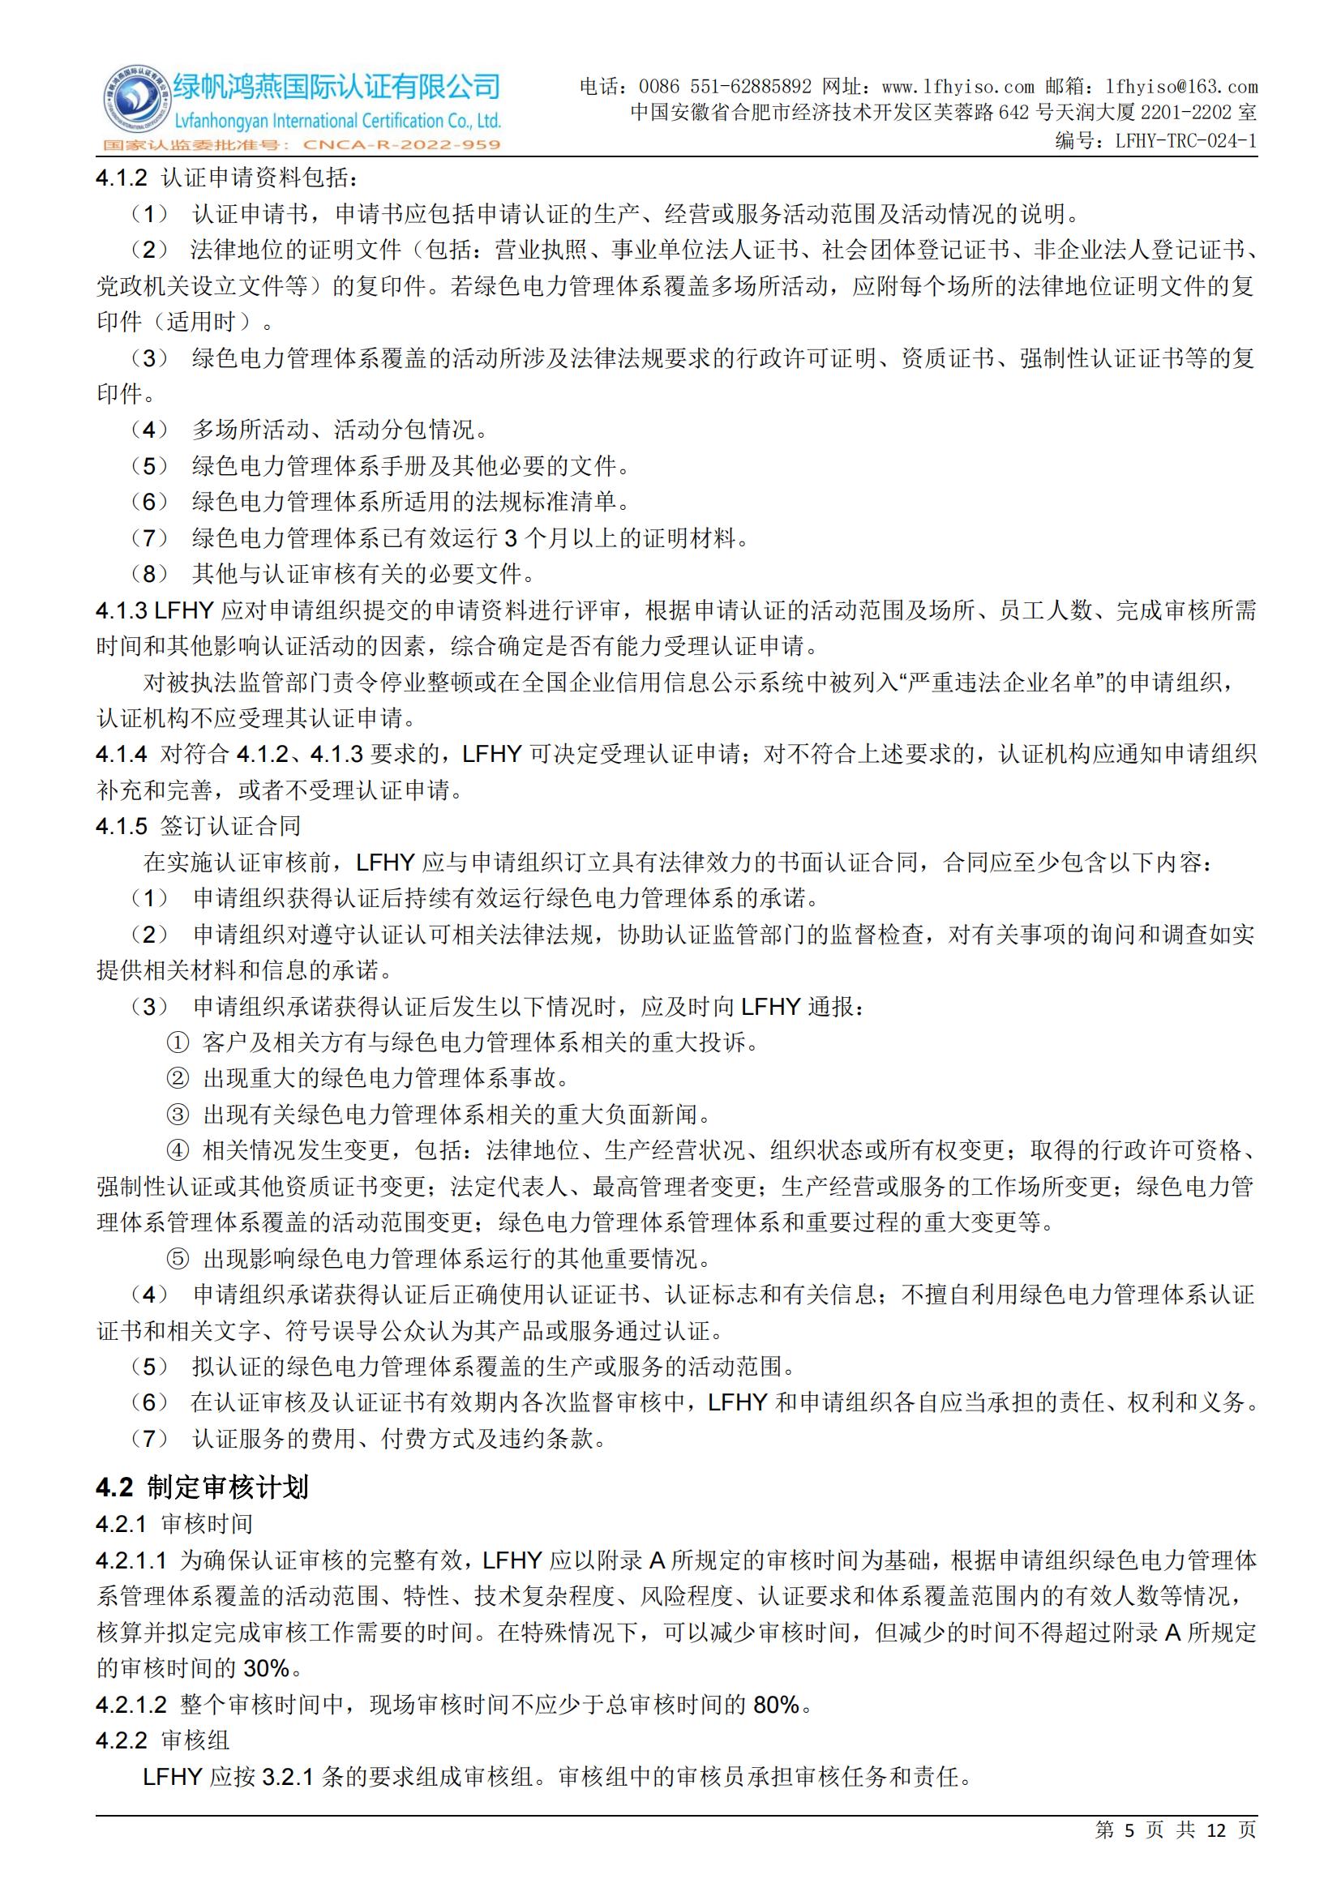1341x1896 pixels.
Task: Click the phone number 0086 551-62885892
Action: coord(725,87)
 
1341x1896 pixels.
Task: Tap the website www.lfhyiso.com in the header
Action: coord(958,87)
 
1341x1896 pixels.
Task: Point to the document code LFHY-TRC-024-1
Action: coord(1186,141)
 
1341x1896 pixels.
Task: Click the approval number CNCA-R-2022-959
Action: coord(401,145)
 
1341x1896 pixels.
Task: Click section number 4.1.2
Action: coord(122,178)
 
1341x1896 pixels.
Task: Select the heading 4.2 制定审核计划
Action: coord(203,1487)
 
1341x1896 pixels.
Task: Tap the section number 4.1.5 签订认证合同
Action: coord(122,826)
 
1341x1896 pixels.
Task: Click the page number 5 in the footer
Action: coord(1129,1853)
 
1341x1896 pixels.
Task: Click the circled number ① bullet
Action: coord(178,1043)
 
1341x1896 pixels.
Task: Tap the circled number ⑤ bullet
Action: coord(178,1260)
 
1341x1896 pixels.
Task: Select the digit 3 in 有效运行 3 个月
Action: coord(510,538)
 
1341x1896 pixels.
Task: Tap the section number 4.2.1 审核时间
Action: coord(122,1524)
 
